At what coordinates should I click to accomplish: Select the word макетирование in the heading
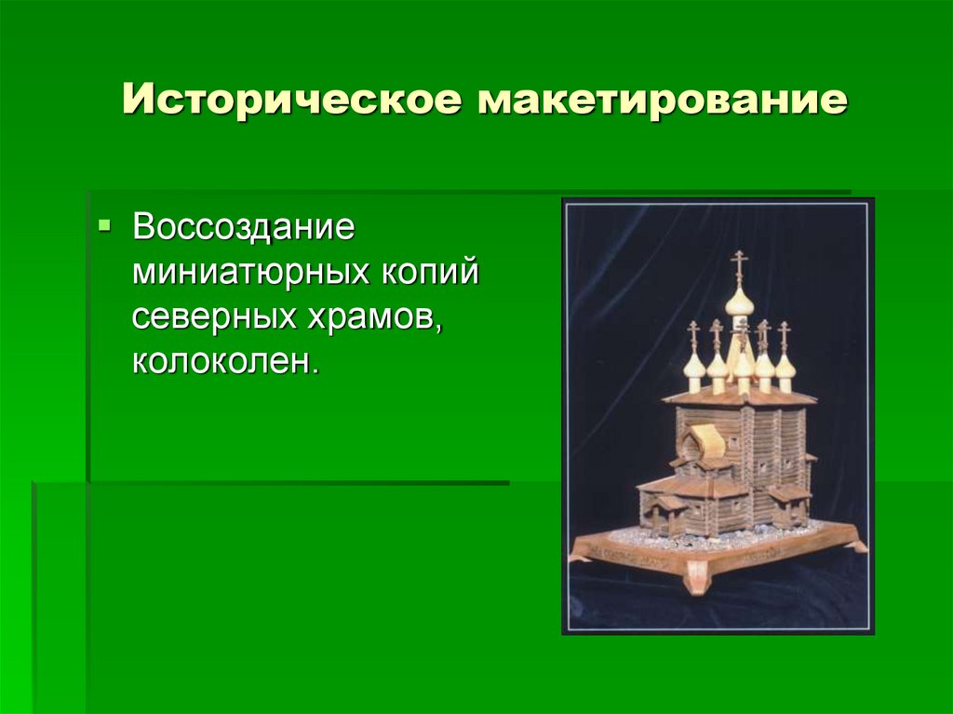[x=663, y=100]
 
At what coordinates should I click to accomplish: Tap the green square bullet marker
[x=104, y=226]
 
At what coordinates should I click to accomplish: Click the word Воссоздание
[x=243, y=227]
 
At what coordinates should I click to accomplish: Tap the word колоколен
[x=224, y=361]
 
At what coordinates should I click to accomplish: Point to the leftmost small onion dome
[x=693, y=365]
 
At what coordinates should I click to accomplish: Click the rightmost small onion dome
[x=785, y=367]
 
